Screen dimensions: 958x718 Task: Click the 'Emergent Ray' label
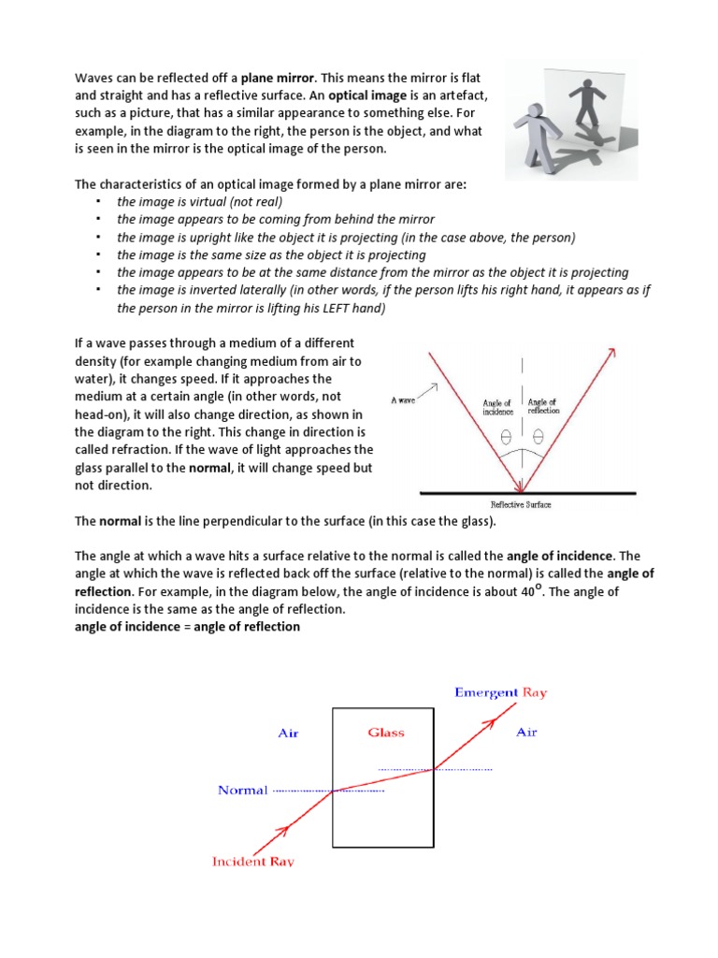click(x=500, y=692)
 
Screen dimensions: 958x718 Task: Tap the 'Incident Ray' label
click(x=253, y=861)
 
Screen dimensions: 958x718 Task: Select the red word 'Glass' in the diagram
click(x=385, y=733)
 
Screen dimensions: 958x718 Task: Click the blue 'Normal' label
click(x=242, y=790)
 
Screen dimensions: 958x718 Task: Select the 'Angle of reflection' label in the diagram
click(x=542, y=406)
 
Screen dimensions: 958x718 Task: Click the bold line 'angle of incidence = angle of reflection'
click(x=187, y=626)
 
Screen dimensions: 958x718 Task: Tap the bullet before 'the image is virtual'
click(x=97, y=201)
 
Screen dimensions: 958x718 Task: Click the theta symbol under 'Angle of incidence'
click(x=506, y=436)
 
